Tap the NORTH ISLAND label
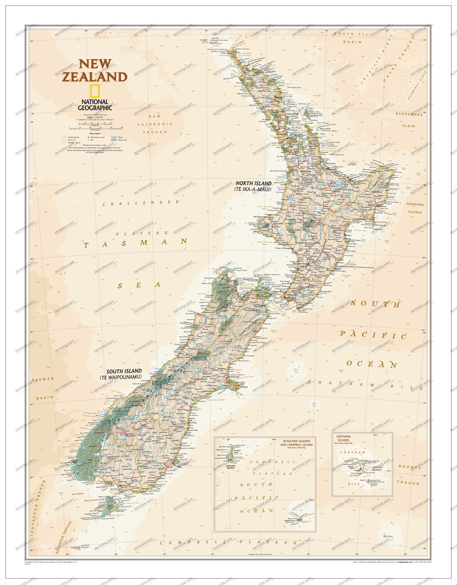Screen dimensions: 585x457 click(253, 184)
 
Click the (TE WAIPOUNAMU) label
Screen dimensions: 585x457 click(121, 377)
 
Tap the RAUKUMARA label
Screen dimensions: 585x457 click(409, 114)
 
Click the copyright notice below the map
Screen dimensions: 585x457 click(51, 562)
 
